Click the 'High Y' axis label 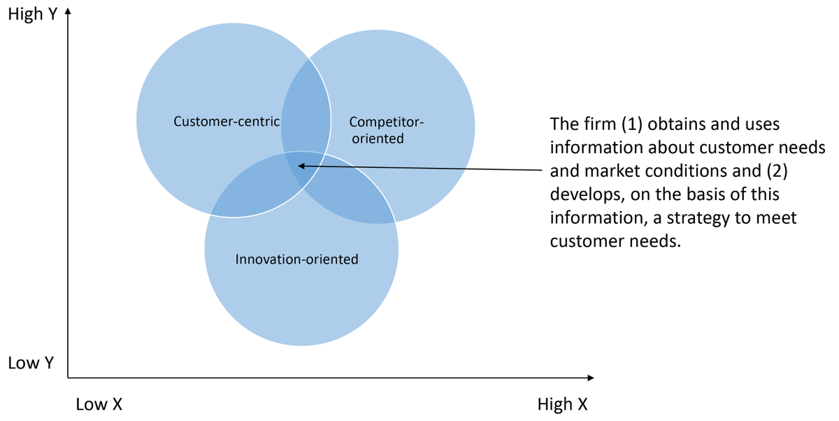32,14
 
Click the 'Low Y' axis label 31,364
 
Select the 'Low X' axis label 99,404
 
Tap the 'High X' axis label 562,404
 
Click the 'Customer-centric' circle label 227,122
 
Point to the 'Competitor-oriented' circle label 386,130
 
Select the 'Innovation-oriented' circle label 296,259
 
